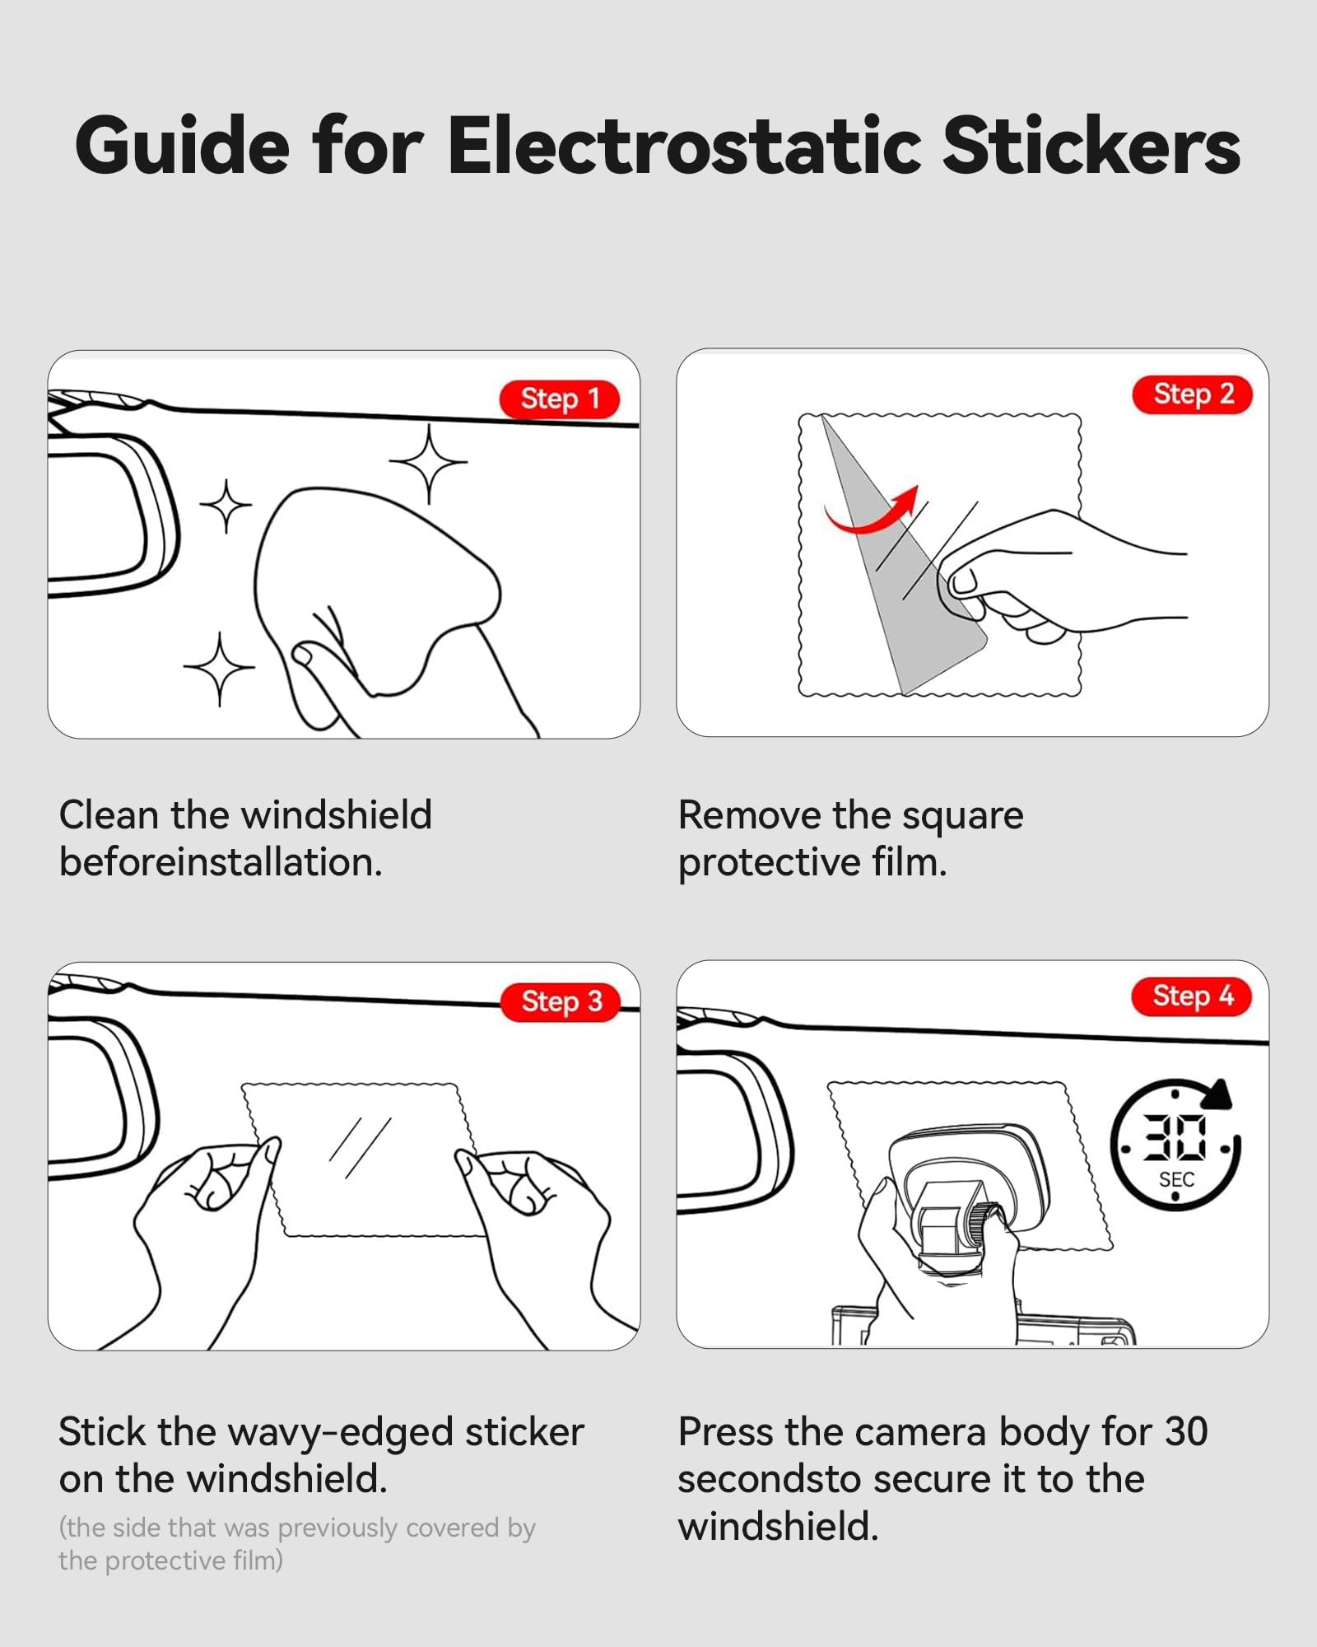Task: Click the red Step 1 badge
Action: pyautogui.click(x=560, y=399)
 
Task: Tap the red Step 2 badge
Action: pyautogui.click(x=1193, y=394)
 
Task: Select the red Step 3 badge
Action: pyautogui.click(x=560, y=1002)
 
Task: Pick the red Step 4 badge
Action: pyautogui.click(x=1193, y=996)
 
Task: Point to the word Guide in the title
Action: pyautogui.click(x=182, y=146)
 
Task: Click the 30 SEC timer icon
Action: pyautogui.click(x=1175, y=1145)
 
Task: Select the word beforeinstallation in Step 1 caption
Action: pyautogui.click(x=221, y=862)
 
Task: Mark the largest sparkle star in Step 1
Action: pyautogui.click(x=428, y=463)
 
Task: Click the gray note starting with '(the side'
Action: pyautogui.click(x=297, y=1544)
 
